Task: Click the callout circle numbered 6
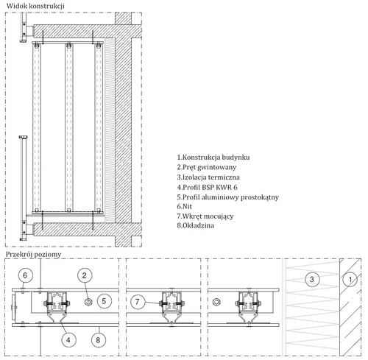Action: pos(25,275)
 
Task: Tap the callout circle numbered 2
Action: pos(85,275)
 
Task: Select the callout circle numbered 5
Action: pos(104,301)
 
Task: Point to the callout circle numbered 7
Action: pos(138,301)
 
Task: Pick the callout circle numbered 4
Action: pos(68,340)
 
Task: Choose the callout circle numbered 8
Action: pos(98,340)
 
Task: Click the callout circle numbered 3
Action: pos(312,279)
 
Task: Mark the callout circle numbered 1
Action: pos(350,279)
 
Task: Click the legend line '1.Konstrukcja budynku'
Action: pos(213,158)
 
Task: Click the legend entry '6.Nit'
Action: pos(185,206)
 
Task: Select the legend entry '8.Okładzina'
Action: pos(196,225)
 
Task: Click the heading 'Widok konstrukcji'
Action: pos(35,6)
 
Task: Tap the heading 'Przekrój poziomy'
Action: pos(34,255)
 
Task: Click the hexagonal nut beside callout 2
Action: pos(88,302)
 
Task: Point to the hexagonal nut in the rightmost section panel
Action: pos(216,302)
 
